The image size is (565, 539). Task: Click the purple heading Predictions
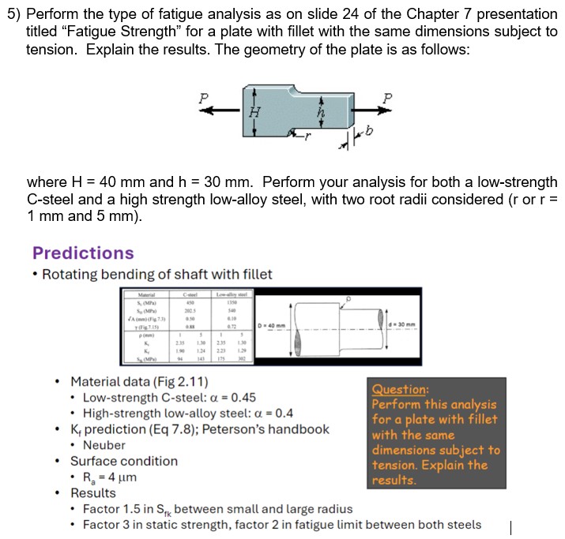coord(83,253)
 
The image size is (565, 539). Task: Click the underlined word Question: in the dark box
coord(401,389)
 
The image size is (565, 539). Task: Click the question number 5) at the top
coord(12,14)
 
